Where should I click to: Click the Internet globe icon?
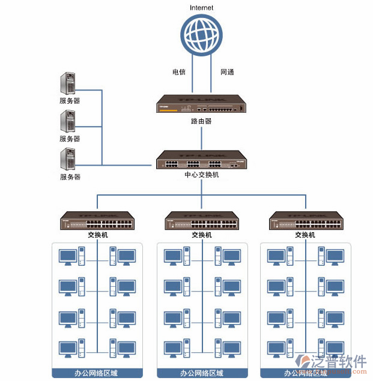202,34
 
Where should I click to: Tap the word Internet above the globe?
202,7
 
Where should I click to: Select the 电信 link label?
179,72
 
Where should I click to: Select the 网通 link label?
227,72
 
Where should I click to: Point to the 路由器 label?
202,121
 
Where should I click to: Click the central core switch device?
202,160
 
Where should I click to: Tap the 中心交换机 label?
202,175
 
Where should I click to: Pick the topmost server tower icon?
68,83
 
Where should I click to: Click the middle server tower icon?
68,122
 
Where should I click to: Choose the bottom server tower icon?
68,160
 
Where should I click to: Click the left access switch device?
97,220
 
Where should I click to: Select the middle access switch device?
202,220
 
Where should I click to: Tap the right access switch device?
305,220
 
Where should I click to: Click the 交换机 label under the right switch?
305,235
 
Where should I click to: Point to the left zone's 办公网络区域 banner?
97,373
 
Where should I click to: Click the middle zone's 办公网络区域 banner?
202,373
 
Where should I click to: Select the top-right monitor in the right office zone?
334,257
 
